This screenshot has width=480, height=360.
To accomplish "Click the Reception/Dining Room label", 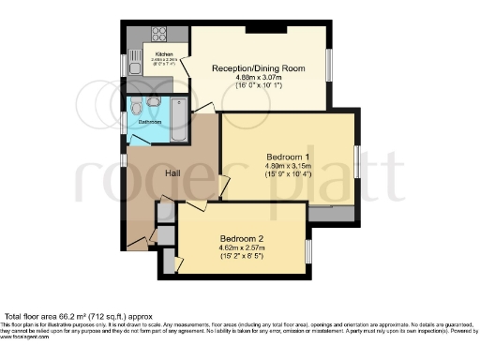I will pyautogui.click(x=258, y=67).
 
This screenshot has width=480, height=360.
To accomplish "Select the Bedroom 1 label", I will pyautogui.click(x=288, y=156).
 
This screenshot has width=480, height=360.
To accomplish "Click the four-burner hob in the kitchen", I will pyautogui.click(x=158, y=35).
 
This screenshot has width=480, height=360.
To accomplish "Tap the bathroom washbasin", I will pyautogui.click(x=153, y=101).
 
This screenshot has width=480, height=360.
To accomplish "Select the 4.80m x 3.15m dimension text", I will pyautogui.click(x=288, y=167).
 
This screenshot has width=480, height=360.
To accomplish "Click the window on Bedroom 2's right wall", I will pyautogui.click(x=308, y=252).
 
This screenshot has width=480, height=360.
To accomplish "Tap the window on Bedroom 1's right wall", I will pyautogui.click(x=355, y=163).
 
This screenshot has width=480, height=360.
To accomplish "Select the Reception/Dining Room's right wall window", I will pyautogui.click(x=328, y=66).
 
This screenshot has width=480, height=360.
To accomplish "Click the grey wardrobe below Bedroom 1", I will pyautogui.click(x=331, y=214).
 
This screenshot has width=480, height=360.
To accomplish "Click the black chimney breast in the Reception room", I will pyautogui.click(x=260, y=28).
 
